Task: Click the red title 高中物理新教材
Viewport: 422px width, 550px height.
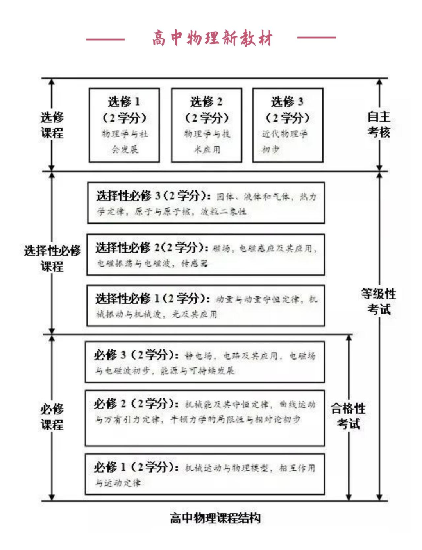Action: click(212, 38)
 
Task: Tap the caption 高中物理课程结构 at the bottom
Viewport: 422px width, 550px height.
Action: click(215, 518)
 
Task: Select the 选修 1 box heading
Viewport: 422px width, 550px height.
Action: click(124, 102)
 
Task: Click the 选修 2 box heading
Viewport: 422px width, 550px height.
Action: click(206, 102)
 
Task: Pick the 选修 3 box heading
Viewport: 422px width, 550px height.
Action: click(288, 102)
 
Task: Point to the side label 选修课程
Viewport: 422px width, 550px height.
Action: click(52, 125)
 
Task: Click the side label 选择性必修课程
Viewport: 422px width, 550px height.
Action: click(52, 258)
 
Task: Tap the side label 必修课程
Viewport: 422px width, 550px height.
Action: click(52, 417)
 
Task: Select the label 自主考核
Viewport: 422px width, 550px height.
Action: click(379, 124)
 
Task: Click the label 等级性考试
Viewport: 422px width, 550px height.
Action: click(378, 301)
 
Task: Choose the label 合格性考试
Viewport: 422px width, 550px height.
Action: click(348, 416)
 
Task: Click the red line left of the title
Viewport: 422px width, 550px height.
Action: click(105, 39)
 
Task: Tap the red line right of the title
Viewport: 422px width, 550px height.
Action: click(316, 38)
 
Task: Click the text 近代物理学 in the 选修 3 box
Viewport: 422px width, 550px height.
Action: click(284, 134)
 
